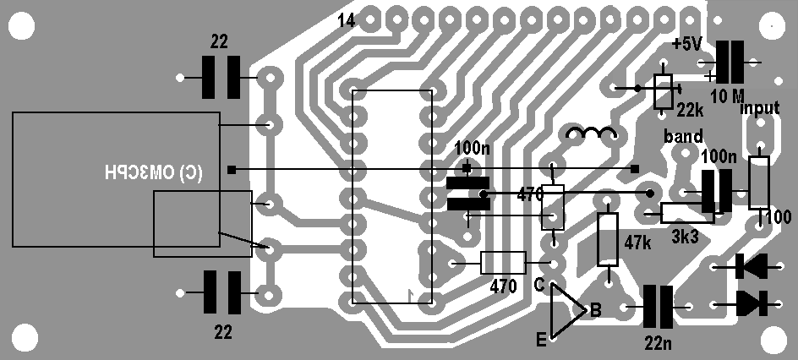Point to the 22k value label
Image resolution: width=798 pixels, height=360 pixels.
coord(690,111)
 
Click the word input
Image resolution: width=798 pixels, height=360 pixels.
coord(759,109)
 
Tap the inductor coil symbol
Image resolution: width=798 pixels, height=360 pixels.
coord(591,134)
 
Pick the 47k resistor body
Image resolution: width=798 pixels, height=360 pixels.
coord(608,239)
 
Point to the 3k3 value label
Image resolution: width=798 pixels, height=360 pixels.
coord(685,237)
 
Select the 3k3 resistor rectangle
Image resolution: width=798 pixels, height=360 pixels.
coord(686,213)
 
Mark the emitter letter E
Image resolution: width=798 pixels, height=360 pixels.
coord(540,341)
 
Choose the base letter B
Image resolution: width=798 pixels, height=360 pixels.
coord(595,312)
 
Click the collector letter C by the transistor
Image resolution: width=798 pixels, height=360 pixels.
coord(538,284)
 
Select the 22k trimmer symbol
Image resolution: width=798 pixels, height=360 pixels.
coord(664,91)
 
